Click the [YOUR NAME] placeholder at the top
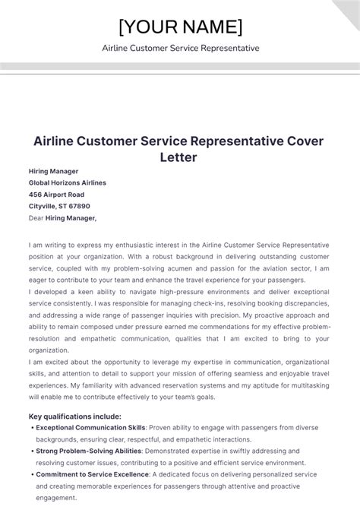(x=180, y=27)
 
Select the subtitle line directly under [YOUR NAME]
(x=180, y=48)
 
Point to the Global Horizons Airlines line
(x=67, y=182)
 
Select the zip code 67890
(x=77, y=205)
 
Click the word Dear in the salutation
(x=36, y=218)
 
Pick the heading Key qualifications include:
(x=74, y=417)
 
